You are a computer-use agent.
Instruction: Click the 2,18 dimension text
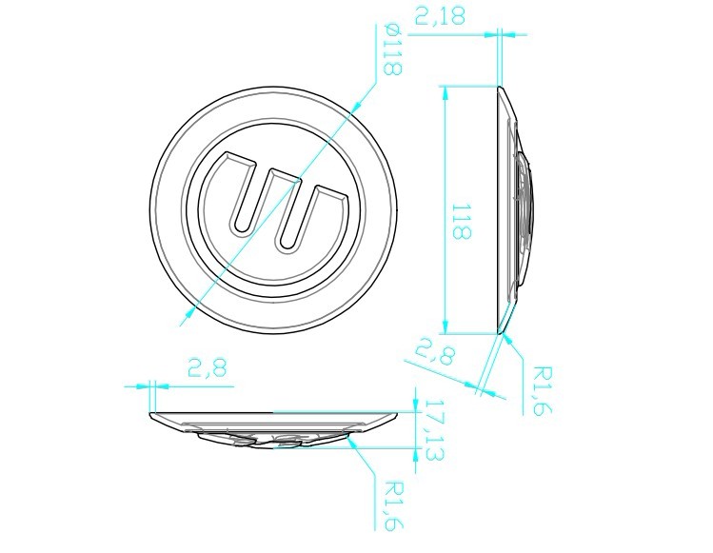(440, 16)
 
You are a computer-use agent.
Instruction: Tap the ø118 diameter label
(392, 50)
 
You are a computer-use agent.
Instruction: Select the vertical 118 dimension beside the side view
(461, 222)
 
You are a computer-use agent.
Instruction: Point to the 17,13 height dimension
(434, 430)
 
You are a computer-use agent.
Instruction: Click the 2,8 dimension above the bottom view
(207, 368)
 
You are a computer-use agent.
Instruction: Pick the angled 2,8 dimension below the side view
(435, 350)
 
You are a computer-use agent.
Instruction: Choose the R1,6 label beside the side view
(543, 390)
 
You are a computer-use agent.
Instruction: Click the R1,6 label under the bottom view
(394, 505)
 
